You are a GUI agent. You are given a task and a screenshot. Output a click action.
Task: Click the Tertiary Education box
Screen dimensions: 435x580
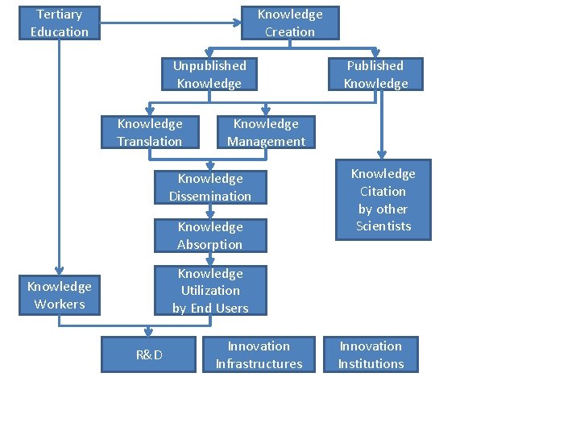[x=60, y=23]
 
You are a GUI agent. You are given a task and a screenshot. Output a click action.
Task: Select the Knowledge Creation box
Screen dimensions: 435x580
[x=290, y=23]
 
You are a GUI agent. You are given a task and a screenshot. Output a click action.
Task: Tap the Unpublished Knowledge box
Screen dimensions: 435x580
[x=209, y=74]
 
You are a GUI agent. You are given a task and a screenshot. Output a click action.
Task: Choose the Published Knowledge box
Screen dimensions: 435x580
[x=375, y=74]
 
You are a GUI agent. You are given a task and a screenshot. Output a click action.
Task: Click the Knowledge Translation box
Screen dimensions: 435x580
[x=150, y=132]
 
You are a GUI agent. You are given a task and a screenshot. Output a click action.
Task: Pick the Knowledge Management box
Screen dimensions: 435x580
[x=266, y=132]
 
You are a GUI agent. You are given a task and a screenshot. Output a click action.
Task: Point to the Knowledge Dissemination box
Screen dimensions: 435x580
[x=210, y=187]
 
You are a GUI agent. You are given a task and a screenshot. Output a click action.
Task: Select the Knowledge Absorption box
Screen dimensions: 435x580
[x=210, y=235]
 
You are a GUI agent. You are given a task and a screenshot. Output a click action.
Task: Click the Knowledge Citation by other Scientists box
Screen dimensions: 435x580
[x=383, y=200]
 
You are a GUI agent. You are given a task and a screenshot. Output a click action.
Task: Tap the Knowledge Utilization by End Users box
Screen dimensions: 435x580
[x=210, y=291]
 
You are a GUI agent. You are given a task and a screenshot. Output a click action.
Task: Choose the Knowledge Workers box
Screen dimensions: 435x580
[x=60, y=295]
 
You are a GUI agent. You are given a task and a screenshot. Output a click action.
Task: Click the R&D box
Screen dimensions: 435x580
[x=149, y=355]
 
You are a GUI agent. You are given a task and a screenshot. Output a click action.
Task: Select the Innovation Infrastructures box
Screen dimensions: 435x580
[x=259, y=354]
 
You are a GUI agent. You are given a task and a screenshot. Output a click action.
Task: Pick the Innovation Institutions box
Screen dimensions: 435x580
[x=371, y=354]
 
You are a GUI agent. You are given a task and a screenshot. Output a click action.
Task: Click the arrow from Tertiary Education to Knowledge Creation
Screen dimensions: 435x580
[x=169, y=23]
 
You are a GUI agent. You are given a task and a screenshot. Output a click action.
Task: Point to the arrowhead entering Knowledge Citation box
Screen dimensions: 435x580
[x=382, y=155]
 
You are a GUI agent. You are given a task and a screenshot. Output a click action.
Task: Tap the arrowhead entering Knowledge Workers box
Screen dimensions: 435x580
[x=60, y=271]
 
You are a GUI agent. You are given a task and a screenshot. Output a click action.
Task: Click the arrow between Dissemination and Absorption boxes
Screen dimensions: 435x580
[x=209, y=212]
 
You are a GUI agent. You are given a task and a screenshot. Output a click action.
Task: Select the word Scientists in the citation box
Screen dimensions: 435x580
[x=383, y=226]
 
